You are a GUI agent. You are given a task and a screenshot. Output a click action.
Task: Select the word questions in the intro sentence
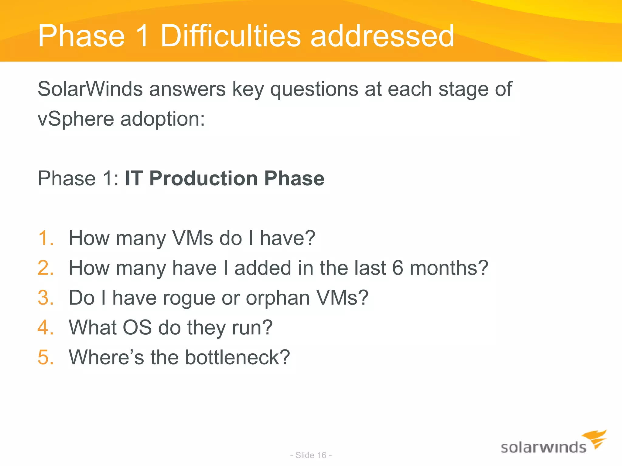pos(314,90)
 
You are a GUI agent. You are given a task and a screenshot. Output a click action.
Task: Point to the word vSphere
pos(76,119)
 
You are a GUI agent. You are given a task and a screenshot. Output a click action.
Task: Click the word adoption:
pos(163,119)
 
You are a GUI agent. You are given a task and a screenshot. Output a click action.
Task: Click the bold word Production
pos(203,178)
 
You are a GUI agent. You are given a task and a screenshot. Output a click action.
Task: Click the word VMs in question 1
pos(193,238)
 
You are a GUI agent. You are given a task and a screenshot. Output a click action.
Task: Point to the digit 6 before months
pos(398,268)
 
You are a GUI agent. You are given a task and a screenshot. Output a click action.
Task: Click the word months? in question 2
pos(449,268)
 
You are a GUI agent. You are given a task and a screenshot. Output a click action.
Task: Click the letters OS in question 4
pos(137,327)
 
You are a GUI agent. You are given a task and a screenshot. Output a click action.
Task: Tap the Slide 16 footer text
pos(311,455)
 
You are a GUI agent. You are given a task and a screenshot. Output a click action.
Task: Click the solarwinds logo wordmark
pos(543,448)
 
